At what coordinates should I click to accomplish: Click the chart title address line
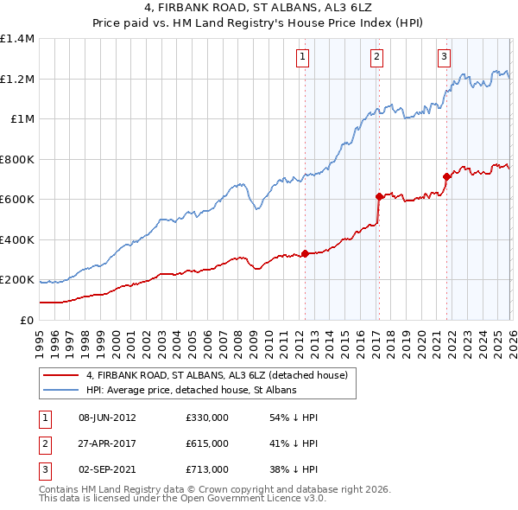pyautogui.click(x=259, y=9)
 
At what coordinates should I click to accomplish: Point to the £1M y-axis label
pyautogui.click(x=22, y=119)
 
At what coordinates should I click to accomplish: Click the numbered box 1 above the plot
pyautogui.click(x=304, y=58)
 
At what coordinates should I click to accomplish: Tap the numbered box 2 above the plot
pyautogui.click(x=378, y=58)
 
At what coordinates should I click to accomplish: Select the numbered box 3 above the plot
pyautogui.click(x=445, y=58)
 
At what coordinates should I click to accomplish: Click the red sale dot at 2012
pyautogui.click(x=305, y=254)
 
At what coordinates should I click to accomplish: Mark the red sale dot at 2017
pyautogui.click(x=379, y=196)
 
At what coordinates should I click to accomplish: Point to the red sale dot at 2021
pyautogui.click(x=446, y=176)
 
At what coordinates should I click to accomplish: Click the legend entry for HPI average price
pyautogui.click(x=191, y=391)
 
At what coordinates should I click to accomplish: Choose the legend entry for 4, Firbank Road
pyautogui.click(x=216, y=375)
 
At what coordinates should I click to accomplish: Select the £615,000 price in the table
pyautogui.click(x=206, y=443)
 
